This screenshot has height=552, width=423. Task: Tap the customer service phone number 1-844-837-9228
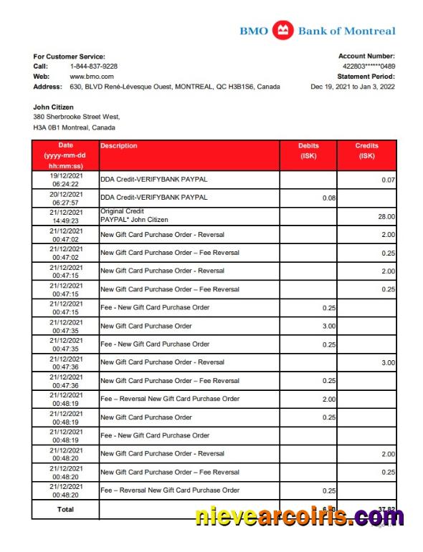[x=94, y=66]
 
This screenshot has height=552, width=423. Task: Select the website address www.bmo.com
[x=92, y=76]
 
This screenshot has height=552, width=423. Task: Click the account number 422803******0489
[x=369, y=66]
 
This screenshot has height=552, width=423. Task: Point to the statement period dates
[x=352, y=87]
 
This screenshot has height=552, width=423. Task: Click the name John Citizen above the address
[x=54, y=107]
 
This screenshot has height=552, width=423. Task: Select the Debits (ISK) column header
[x=308, y=150]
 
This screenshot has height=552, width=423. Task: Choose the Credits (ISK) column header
[x=367, y=150]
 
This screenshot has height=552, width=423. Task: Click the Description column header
[x=119, y=146]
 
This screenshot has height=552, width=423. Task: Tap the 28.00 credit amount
[x=386, y=216]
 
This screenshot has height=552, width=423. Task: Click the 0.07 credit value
[x=388, y=180]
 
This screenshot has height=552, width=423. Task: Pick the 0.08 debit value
[x=329, y=198]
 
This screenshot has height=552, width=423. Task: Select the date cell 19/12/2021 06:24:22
[x=65, y=179]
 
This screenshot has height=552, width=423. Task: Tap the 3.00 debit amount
[x=328, y=326]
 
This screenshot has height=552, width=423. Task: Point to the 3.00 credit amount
[x=387, y=362]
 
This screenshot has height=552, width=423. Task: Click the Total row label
[x=65, y=509]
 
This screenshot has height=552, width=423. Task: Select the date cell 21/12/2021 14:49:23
[x=65, y=216]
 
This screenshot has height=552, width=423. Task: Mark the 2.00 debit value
[x=328, y=399]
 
